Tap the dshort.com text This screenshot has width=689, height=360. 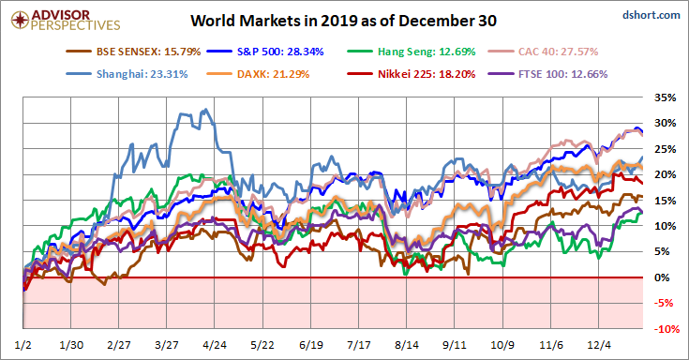point(652,15)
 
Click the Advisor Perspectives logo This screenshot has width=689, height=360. point(66,21)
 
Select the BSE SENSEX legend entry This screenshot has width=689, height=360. point(133,52)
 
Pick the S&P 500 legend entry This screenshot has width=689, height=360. point(265,52)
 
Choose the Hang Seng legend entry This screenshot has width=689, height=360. point(412,52)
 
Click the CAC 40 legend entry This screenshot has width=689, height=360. point(543,52)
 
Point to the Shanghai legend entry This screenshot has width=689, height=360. point(127,74)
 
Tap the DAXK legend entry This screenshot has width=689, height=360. point(258,74)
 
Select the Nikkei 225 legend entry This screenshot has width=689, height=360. point(412,74)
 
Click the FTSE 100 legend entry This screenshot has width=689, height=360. point(548,74)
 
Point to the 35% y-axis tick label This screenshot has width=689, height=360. point(665,97)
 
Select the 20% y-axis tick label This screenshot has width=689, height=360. point(665,174)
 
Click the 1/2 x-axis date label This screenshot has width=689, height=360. point(22,345)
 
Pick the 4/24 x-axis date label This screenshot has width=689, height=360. point(215,345)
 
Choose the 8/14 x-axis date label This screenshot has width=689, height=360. point(407,345)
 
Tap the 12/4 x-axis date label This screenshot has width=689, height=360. point(598,345)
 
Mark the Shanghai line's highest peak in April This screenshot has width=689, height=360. point(206,110)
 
